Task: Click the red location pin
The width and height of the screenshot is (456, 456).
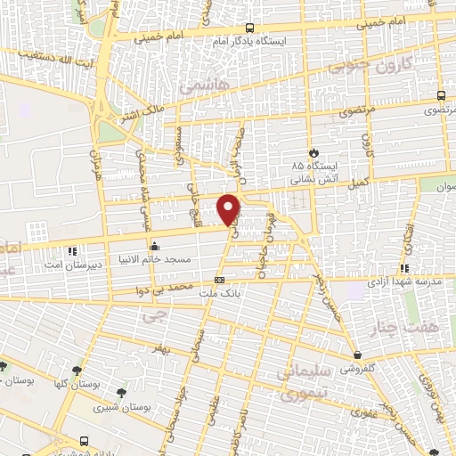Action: pos(230,208)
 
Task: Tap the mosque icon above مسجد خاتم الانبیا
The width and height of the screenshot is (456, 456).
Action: pos(155,247)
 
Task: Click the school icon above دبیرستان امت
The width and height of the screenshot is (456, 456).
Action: pos(72,248)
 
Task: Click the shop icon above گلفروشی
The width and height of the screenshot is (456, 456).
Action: pos(355,354)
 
